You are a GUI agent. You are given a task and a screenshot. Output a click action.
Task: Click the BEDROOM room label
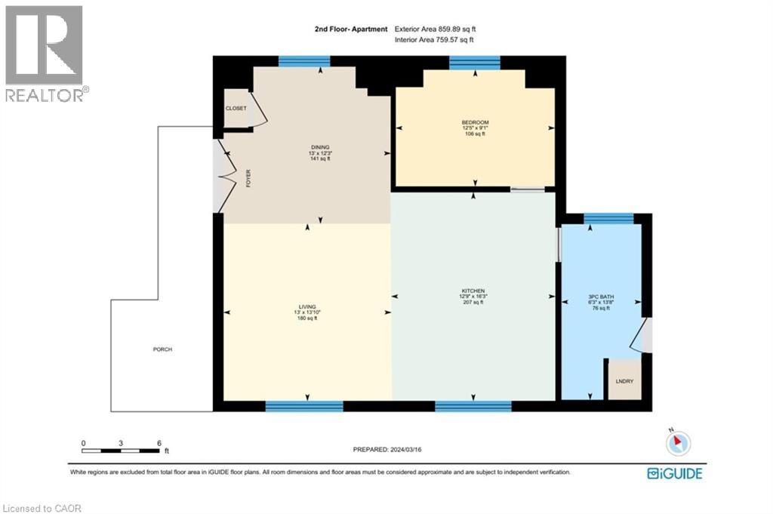(476, 123)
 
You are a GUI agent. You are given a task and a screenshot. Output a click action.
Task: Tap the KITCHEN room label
(473, 291)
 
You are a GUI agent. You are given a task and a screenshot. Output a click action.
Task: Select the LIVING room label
(307, 306)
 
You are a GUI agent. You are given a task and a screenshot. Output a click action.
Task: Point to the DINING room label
(320, 147)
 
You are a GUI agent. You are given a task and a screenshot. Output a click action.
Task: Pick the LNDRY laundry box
(624, 380)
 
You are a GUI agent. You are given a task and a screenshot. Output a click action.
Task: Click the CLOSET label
(236, 109)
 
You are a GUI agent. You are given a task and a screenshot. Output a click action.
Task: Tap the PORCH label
(162, 349)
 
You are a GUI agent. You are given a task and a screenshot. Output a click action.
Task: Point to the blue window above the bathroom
(608, 219)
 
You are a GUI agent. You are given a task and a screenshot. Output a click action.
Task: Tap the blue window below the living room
(304, 406)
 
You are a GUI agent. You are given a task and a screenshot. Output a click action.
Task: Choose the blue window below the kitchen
(473, 406)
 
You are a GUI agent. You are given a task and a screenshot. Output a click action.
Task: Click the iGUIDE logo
(675, 474)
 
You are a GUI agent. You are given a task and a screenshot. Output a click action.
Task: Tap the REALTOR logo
(45, 53)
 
